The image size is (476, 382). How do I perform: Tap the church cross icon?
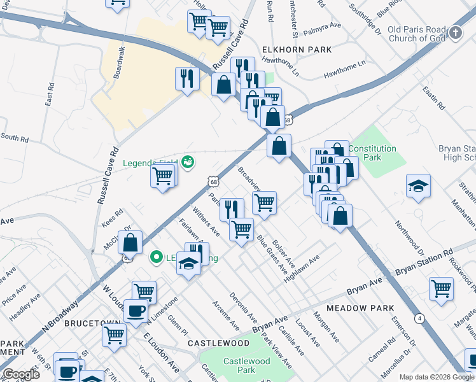[455, 32]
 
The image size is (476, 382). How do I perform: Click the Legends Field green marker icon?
[188, 162]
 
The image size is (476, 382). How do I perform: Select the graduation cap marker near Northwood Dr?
[419, 185]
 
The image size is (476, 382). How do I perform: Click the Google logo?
[21, 374]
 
